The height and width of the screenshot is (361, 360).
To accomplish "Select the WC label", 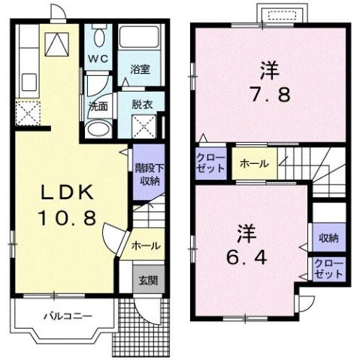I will click(x=98, y=57).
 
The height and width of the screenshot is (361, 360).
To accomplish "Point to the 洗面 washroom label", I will click(x=98, y=106).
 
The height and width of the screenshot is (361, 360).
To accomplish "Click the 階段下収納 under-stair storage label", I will click(x=147, y=174).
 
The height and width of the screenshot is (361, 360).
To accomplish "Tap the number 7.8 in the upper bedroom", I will click(x=270, y=96).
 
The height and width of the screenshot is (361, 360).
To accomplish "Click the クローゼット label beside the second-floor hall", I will click(x=210, y=163).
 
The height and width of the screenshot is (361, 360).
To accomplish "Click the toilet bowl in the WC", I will click(x=98, y=36).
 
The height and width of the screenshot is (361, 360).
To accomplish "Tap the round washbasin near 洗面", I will click(x=96, y=128).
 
